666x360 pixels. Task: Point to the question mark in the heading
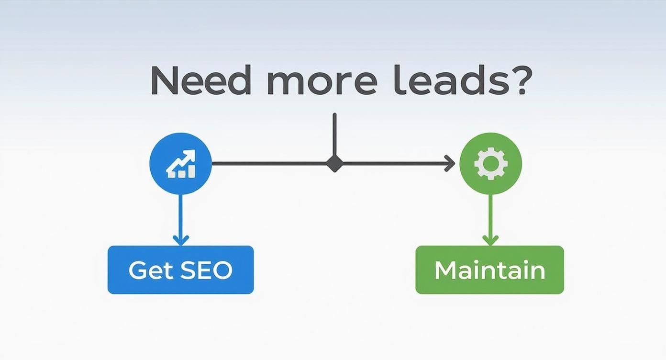521,80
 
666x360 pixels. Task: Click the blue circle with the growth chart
180,164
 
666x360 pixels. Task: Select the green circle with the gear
490,164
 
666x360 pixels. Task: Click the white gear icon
490,164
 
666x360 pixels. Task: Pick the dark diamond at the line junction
334,164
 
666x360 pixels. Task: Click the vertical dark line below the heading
334,135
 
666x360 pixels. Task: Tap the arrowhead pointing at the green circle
450,163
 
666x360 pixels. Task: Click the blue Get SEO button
181,270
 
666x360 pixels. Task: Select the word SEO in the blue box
206,270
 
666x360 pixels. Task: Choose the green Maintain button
489,270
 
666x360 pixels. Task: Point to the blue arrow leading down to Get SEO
180,220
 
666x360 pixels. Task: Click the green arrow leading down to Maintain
490,220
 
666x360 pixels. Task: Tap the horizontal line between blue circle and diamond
269,163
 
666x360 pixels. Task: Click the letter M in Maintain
446,270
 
